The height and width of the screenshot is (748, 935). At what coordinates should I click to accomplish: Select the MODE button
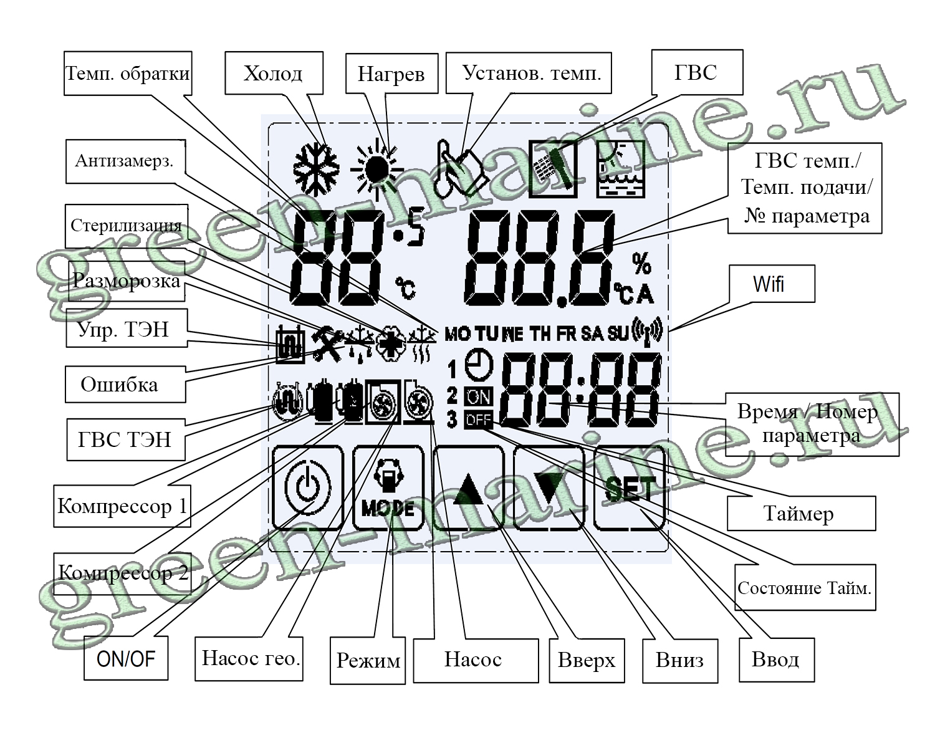click(388, 488)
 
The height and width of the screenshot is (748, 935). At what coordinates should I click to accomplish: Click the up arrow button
click(469, 488)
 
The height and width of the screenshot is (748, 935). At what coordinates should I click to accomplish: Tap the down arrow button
click(549, 488)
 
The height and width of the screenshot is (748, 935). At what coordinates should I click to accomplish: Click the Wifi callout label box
click(771, 284)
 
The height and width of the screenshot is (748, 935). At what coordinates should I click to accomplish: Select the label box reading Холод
click(273, 74)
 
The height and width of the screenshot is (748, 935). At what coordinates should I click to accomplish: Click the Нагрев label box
click(391, 74)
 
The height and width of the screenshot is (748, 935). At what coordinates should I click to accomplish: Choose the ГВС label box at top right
click(696, 72)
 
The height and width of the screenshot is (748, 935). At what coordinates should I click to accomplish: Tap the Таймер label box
click(800, 514)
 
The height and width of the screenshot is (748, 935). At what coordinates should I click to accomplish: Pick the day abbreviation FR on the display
click(567, 334)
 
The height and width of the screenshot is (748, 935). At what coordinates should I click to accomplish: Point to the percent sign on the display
click(641, 264)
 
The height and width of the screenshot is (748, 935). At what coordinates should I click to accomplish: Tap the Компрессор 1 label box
click(122, 506)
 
